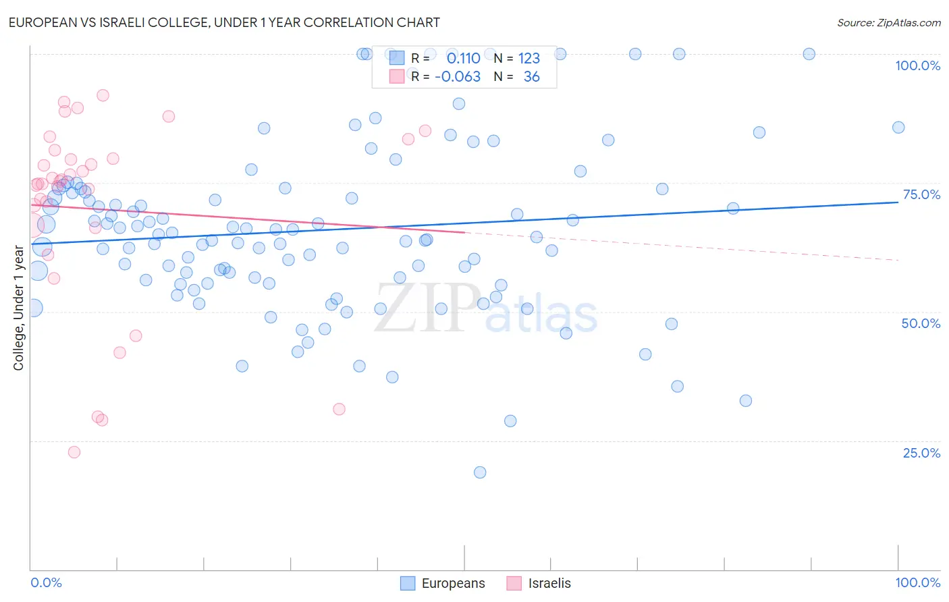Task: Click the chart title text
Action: pos(224,22)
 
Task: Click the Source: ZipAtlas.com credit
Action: pos(888,23)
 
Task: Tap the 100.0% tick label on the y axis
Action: pos(917,65)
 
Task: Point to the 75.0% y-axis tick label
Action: pos(921,194)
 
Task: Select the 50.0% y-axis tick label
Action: pos(921,323)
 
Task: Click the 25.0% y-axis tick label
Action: pos(921,453)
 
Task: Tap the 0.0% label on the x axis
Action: pos(46,582)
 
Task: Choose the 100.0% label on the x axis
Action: pos(917,582)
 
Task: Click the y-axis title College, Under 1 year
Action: pos(19,308)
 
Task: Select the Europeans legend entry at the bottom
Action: pos(443,584)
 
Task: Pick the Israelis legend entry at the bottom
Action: pos(539,584)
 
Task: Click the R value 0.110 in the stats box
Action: pos(463,59)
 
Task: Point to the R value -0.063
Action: pos(458,77)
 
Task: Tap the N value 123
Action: pos(529,59)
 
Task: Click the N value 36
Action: pos(532,77)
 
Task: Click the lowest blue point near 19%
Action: pos(480,472)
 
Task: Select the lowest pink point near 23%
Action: pos(74,452)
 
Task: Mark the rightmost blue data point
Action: pos(898,128)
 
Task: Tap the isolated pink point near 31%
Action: pos(340,409)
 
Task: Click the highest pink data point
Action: pos(103,95)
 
